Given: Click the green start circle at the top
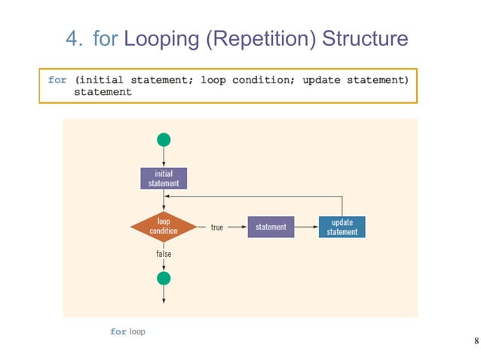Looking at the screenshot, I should click(164, 139).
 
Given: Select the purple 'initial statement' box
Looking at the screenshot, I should click(164, 178).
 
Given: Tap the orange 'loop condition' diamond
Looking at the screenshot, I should click(164, 226).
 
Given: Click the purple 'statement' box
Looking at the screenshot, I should click(271, 227).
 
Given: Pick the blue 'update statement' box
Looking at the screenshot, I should click(342, 227).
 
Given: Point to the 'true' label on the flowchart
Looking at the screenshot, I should click(216, 227).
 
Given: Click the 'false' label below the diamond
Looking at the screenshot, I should click(164, 254).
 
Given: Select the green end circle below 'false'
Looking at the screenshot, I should click(164, 279).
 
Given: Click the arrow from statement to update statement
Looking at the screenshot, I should click(305, 227).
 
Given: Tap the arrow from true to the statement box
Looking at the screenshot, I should click(237, 227).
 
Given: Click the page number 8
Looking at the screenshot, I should click(476, 341).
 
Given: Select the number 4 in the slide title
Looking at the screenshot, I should click(73, 38).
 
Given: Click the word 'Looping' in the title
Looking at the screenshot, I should click(163, 38).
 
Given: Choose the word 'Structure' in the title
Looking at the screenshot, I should click(365, 38).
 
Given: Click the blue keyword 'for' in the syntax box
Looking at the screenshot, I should click(57, 80).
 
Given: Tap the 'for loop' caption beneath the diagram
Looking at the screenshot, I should click(127, 331).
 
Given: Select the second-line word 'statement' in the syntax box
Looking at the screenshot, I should click(103, 92).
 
